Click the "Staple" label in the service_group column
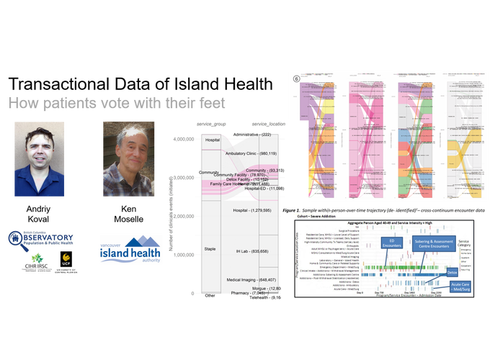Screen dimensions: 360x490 coord(210,248)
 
